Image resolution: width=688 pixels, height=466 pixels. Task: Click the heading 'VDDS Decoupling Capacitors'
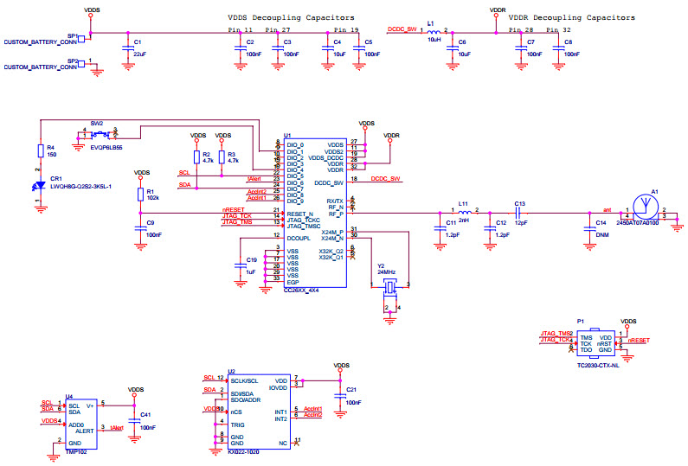point(291,17)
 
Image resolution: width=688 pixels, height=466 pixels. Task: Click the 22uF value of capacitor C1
point(139,54)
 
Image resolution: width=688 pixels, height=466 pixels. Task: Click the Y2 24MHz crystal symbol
point(390,287)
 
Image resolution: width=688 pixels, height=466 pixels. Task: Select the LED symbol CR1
point(40,185)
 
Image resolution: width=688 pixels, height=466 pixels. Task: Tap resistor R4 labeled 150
point(40,150)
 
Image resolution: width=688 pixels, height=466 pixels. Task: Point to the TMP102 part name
point(75,451)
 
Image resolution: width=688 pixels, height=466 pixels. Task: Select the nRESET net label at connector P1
point(639,342)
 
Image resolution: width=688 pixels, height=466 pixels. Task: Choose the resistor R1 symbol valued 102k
point(141,195)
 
